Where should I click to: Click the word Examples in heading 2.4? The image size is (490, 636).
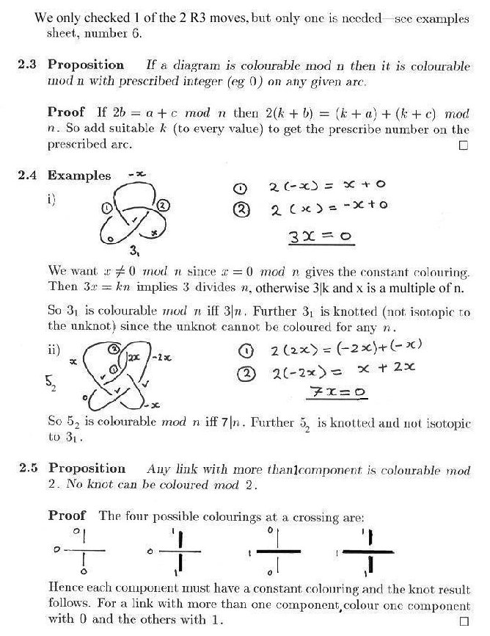point(79,176)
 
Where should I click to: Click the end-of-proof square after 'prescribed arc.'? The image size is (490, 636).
point(463,145)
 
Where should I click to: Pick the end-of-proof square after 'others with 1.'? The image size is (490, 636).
point(463,621)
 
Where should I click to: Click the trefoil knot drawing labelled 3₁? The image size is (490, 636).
point(134,218)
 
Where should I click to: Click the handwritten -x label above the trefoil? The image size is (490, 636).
point(134,174)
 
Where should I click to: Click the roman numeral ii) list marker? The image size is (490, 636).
point(54,350)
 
